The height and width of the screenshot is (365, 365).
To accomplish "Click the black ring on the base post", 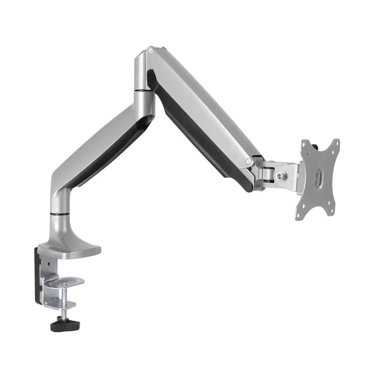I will [x=60, y=213].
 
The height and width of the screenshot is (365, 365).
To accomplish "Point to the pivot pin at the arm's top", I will [x=150, y=52].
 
